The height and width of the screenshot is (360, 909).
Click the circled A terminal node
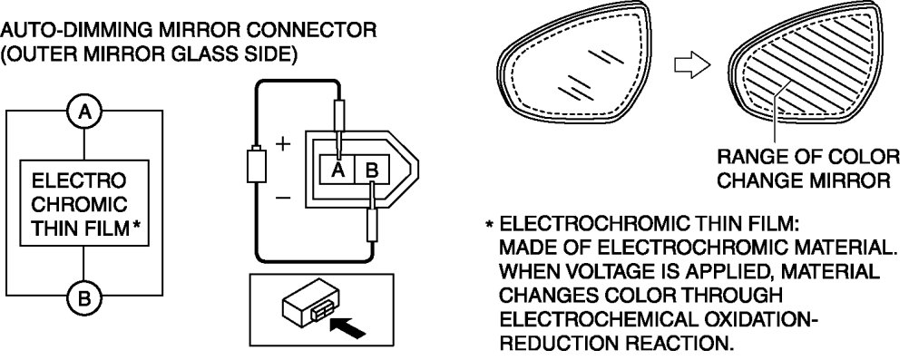pos(84,112)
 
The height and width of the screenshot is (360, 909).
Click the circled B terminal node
pos(84,298)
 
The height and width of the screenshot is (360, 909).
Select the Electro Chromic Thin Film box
pos(84,203)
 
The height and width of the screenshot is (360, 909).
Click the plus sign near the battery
pos(282,144)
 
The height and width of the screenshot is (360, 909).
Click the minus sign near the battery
pos(283,199)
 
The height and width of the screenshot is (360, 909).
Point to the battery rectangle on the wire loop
pos(256,166)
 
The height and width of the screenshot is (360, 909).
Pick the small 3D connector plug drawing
pos(308,300)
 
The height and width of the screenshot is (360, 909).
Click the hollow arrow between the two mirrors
pos(692,64)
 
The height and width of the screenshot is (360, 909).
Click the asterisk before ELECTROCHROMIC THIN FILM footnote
pos(489,224)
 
